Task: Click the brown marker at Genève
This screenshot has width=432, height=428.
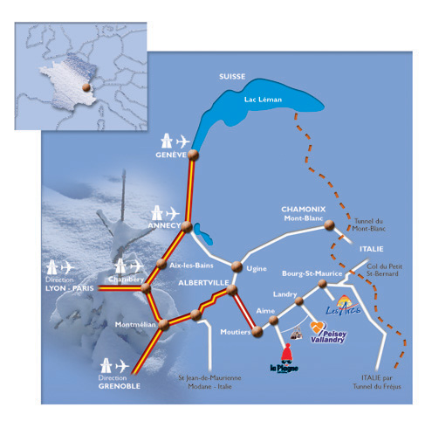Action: click(193, 155)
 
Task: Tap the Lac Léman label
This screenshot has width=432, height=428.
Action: click(263, 100)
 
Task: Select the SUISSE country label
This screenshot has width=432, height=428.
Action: click(232, 77)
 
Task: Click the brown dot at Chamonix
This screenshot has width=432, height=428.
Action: click(329, 225)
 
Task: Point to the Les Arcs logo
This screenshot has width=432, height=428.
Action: click(343, 306)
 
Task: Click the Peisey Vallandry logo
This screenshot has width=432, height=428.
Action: click(327, 332)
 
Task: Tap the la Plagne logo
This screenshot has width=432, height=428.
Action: click(285, 359)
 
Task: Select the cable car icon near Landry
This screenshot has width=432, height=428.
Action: click(296, 333)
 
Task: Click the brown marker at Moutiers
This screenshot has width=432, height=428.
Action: click(257, 332)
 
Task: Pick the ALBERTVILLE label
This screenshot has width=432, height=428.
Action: click(203, 283)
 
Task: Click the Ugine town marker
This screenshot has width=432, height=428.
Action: click(237, 266)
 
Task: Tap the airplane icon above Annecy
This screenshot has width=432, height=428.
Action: click(173, 214)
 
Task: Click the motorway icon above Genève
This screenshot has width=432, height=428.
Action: click(167, 141)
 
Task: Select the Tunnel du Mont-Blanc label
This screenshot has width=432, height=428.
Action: click(368, 224)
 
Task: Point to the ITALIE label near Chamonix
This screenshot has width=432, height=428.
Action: click(372, 249)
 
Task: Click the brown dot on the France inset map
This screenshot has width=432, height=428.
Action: click(86, 87)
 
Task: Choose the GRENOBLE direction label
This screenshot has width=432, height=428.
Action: click(120, 386)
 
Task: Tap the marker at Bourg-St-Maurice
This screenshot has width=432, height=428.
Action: click(322, 283)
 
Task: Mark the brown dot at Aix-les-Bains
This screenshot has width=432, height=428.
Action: click(161, 264)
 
